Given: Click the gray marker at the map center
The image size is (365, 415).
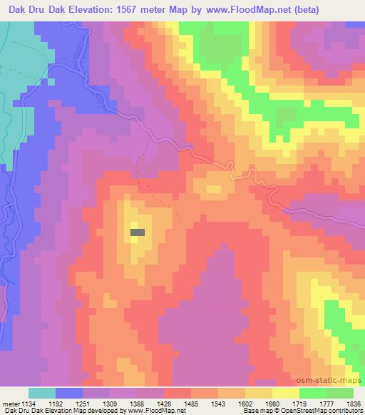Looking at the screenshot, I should (x=138, y=232).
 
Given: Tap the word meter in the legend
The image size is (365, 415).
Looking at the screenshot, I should (x=10, y=403).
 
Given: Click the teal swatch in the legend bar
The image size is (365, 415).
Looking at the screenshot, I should (x=42, y=393).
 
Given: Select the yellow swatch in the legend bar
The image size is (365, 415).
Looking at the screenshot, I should (x=286, y=393).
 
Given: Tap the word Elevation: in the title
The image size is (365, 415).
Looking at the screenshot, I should (x=101, y=9).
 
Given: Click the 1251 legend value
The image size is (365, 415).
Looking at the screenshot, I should (x=81, y=403).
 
